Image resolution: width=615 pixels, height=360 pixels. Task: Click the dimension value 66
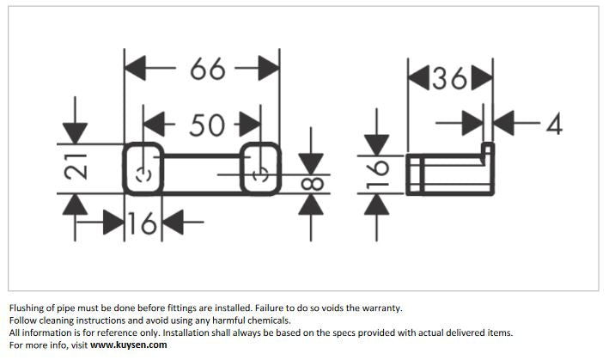point(207,69)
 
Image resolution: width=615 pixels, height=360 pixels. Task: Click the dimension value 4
point(554,125)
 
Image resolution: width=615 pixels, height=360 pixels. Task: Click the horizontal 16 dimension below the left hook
point(143,225)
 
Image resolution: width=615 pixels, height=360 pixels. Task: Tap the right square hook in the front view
point(260,169)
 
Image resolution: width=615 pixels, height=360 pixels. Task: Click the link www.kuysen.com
point(129,345)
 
